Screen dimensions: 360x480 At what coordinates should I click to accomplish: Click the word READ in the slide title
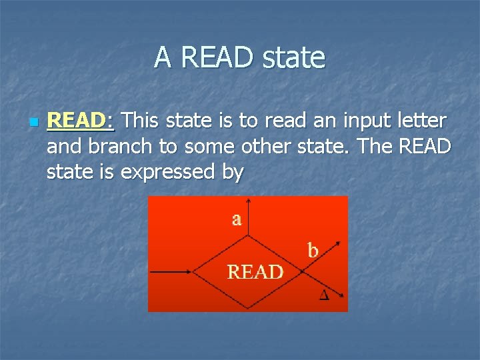(217, 58)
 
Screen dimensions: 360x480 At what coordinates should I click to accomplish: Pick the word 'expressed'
(170, 172)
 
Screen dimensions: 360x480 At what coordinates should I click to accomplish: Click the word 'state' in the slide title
(293, 58)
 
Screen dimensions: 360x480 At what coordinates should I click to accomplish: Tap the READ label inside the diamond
(255, 272)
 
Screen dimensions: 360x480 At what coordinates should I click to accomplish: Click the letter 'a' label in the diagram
(237, 219)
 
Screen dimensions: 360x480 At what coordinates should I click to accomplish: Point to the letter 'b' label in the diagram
(313, 251)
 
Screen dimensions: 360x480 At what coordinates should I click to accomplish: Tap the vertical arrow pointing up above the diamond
(248, 217)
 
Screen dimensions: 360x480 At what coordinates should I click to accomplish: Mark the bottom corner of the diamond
(248, 308)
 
